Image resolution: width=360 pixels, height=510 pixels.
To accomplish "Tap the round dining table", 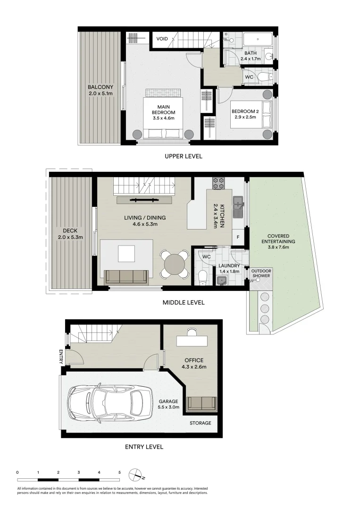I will (x=175, y=264).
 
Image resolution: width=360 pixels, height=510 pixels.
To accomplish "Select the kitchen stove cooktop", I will (x=218, y=183).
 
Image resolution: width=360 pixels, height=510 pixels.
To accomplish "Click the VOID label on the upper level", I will (x=162, y=39).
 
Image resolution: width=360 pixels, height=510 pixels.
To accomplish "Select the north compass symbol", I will (x=136, y=473).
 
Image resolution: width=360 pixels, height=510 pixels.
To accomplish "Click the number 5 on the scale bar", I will (x=119, y=472).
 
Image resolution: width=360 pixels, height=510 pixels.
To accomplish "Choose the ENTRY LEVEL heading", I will (x=144, y=447).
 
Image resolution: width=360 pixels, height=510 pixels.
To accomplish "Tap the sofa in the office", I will (x=202, y=403).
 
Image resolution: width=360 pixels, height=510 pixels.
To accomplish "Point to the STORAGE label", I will (x=201, y=423).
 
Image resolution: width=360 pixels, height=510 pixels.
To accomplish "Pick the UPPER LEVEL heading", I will (x=184, y=156).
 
